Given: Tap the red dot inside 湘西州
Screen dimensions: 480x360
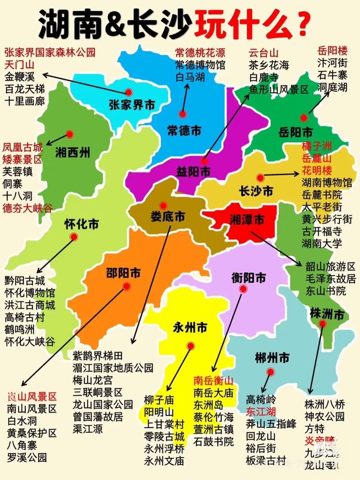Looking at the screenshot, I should coord(69,134).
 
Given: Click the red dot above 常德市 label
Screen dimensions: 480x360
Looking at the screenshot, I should coord(182,114).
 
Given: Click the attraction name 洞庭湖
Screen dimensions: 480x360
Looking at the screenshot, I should coord(332,87).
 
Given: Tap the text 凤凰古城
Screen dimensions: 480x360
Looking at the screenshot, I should coord(22,147).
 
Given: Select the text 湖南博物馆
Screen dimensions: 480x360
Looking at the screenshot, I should coord(327,183).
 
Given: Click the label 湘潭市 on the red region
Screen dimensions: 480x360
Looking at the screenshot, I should coord(247,220).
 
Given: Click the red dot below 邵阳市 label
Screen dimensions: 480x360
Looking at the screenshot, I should coord(126,286).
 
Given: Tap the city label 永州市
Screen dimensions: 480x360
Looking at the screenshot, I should coord(190,328).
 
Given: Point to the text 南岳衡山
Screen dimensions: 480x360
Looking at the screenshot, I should coord(214,380).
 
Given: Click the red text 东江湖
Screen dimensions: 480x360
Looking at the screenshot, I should coord(261,411).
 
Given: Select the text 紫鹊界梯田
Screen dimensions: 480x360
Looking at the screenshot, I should coord(98,355).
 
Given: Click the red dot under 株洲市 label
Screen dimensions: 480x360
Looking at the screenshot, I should coord(322,323).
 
